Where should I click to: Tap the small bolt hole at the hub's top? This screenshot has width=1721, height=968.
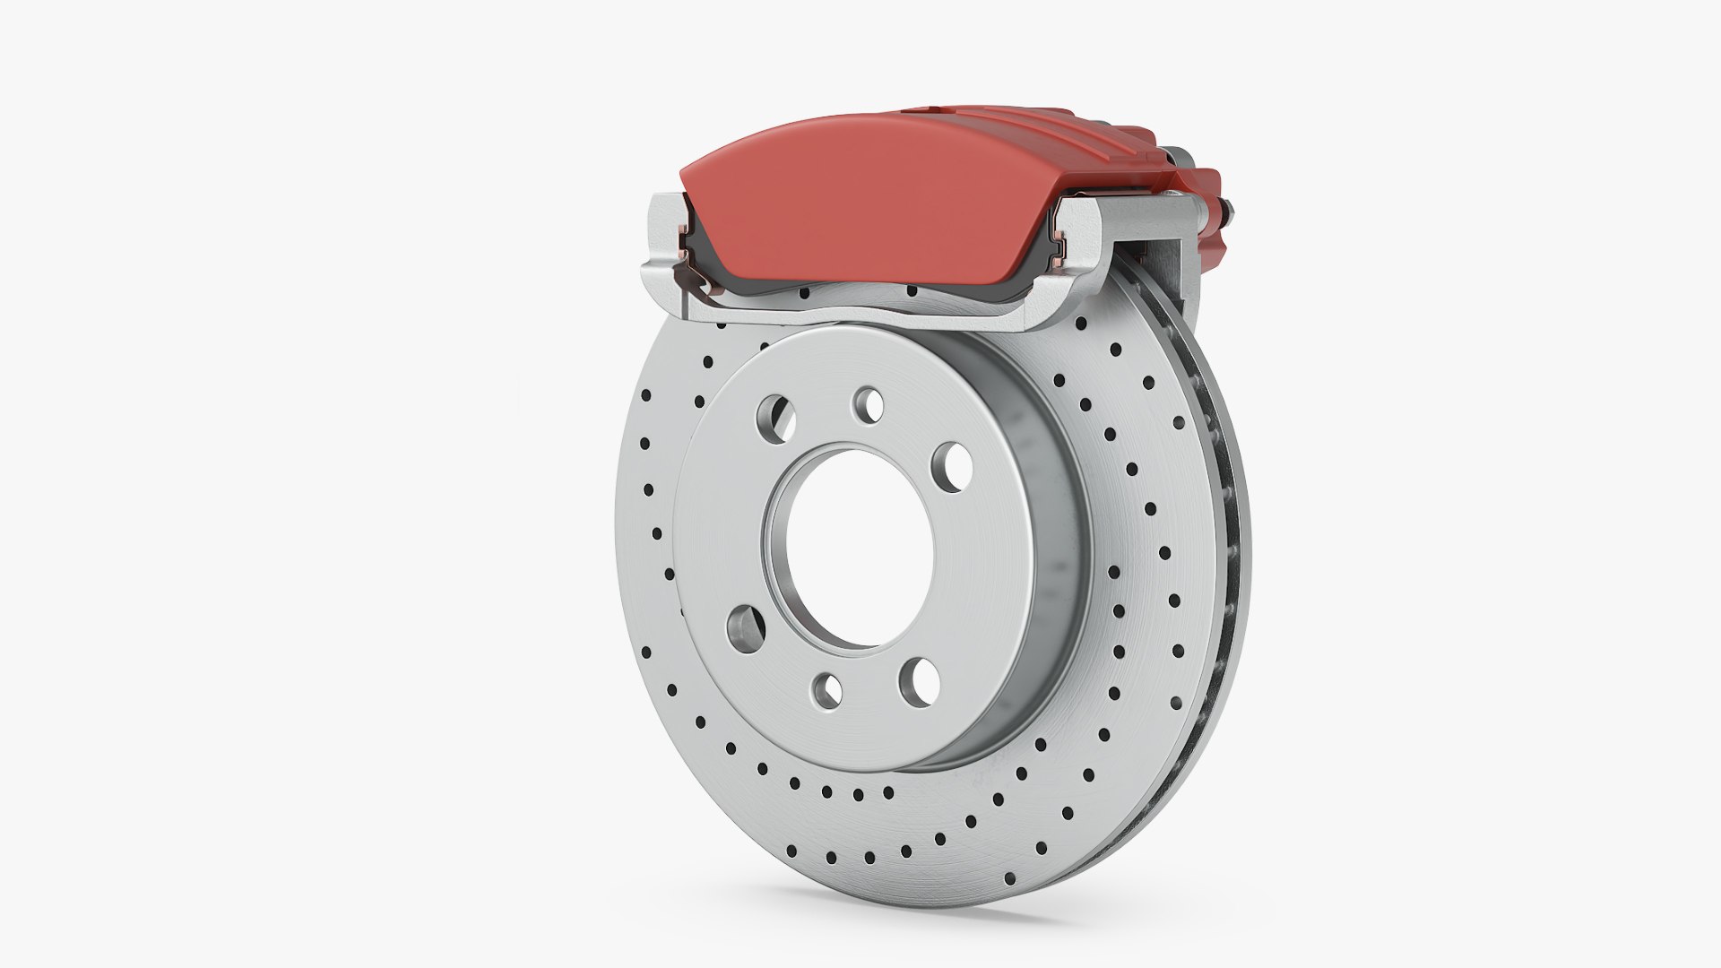868,405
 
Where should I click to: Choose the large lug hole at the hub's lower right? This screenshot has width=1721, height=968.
921,678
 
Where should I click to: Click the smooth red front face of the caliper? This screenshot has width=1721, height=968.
860,206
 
